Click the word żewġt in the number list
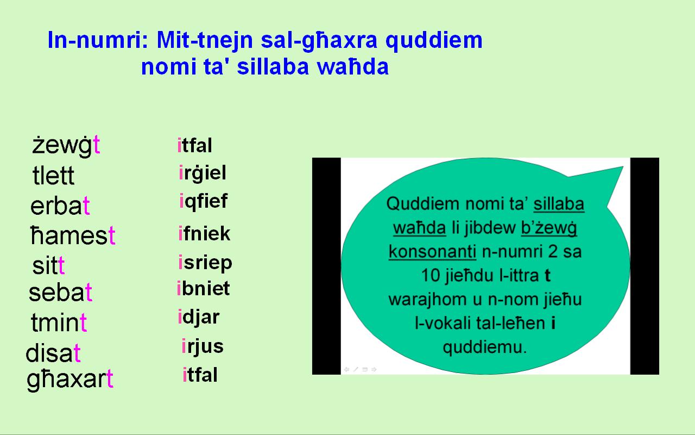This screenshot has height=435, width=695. [x=66, y=146]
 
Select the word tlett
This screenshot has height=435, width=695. [x=53, y=176]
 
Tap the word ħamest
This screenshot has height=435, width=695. [x=73, y=236]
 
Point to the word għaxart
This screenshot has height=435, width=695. [x=70, y=380]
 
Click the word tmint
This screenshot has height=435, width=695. [x=59, y=323]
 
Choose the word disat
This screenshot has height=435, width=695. [x=54, y=353]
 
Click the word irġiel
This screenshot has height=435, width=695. [x=202, y=173]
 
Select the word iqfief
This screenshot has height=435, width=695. [x=203, y=201]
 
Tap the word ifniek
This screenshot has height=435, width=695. [x=204, y=234]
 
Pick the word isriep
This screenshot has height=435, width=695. [x=205, y=263]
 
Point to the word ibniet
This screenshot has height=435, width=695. [x=203, y=288]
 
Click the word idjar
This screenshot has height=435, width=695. [x=198, y=316]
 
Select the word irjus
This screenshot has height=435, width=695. [x=202, y=346]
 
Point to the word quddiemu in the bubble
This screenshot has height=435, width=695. [x=484, y=347]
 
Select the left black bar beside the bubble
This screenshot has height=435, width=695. [x=326, y=266]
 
